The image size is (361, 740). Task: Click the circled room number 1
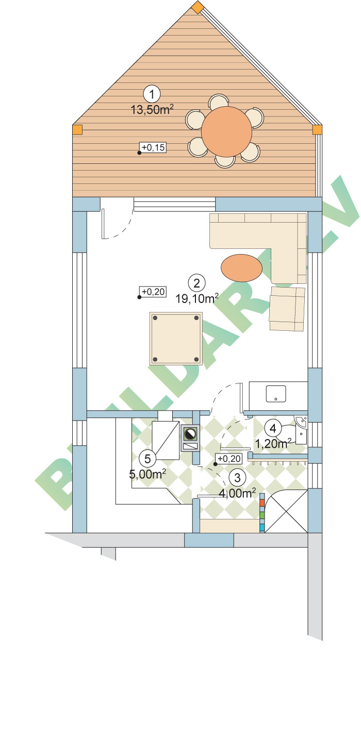(152, 94)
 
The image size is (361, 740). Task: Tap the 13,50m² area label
(152, 109)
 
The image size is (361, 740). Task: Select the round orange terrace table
(226, 131)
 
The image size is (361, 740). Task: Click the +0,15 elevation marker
(153, 147)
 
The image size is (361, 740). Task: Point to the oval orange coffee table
(241, 267)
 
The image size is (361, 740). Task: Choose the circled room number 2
(196, 283)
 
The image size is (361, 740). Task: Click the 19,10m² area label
(196, 299)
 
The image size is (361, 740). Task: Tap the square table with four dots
(176, 339)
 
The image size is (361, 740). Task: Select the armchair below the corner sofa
(287, 309)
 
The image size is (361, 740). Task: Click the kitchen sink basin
(276, 394)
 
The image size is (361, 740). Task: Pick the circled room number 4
(273, 428)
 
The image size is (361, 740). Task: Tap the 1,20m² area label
(273, 444)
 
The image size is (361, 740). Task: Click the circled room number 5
(147, 459)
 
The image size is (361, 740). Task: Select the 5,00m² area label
(147, 475)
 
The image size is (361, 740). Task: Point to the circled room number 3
(237, 478)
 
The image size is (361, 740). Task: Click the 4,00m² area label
(237, 493)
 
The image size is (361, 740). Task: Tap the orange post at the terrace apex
(198, 7)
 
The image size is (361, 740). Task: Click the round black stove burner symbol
(190, 434)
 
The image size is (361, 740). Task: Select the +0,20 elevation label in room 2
(153, 292)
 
